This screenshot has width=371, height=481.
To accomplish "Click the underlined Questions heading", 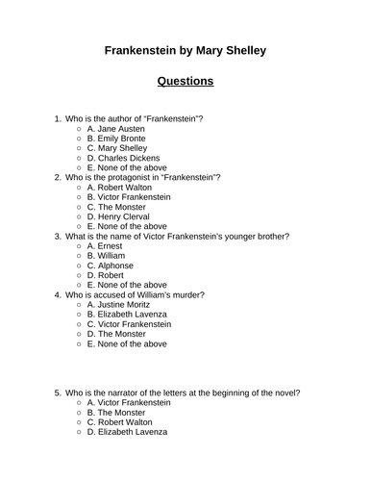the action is click(185, 81).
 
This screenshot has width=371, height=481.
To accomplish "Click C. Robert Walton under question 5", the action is click(122, 421).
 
